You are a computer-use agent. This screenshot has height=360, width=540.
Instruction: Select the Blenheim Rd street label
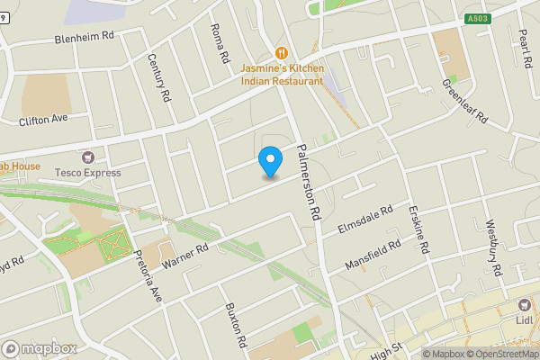coord(86,38)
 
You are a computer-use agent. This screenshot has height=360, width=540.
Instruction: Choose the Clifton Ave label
coord(43,119)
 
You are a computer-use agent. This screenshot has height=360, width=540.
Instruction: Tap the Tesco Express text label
coord(86,172)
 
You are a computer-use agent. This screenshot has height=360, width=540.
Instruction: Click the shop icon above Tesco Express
coord(87,157)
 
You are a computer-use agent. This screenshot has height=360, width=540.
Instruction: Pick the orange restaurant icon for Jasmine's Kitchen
coord(282,53)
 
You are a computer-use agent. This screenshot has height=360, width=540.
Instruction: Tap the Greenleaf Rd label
coord(463,103)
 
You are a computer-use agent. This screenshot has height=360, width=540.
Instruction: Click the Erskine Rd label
coord(415,230)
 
